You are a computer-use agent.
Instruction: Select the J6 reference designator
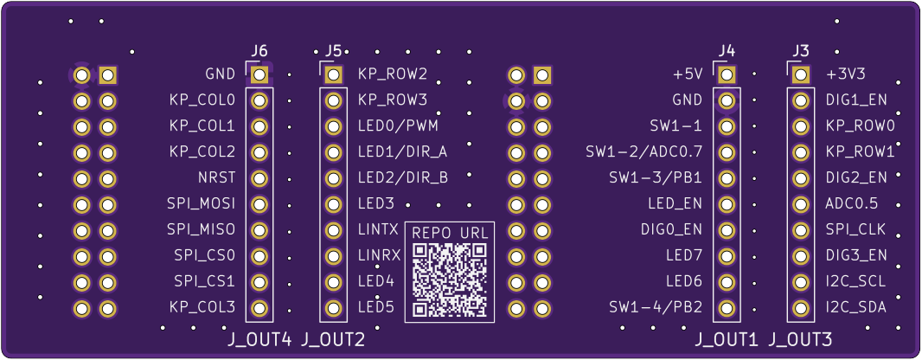tap(259, 50)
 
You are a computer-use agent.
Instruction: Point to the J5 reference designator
tap(334, 50)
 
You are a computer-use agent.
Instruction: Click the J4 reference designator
tap(727, 50)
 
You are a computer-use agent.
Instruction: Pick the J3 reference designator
tap(801, 50)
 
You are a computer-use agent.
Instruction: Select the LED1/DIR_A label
tap(402, 152)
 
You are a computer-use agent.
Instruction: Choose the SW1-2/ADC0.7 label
tap(644, 152)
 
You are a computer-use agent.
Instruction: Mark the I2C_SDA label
tap(855, 307)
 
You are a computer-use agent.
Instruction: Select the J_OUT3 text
tap(800, 340)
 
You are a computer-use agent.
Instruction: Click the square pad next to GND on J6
tap(259, 74)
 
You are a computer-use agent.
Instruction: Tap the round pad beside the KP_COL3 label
tap(259, 307)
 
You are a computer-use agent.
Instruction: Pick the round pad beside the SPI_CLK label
tap(801, 230)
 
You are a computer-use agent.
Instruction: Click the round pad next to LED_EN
tap(727, 204)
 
